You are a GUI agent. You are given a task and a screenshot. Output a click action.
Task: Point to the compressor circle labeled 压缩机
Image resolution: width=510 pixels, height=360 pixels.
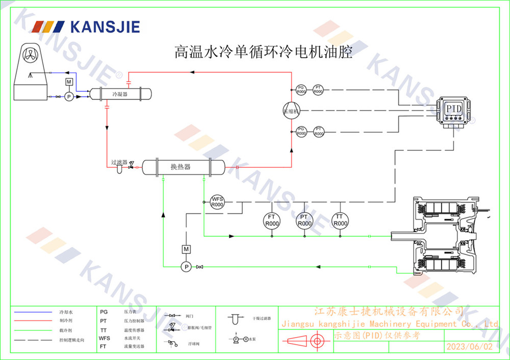tap(292, 111)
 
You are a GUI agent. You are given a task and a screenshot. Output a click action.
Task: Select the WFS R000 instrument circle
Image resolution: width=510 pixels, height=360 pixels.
tap(218, 201)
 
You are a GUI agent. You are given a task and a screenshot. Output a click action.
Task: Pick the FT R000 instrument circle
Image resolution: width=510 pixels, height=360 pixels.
tap(272, 220)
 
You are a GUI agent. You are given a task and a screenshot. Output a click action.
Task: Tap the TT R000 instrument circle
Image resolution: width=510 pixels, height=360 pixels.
tap(340, 220)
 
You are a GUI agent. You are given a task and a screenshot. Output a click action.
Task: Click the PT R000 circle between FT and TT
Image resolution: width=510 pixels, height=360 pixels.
tap(304, 220)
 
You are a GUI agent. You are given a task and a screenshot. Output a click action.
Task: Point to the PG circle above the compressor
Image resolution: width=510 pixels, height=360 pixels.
tap(301, 89)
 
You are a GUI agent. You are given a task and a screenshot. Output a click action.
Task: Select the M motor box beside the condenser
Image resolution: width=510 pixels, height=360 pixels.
tap(69, 82)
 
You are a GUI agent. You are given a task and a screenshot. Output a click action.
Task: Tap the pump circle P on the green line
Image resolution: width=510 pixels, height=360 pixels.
tap(186, 267)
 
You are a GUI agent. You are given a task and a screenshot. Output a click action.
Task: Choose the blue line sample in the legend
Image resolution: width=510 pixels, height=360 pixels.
tap(34, 311)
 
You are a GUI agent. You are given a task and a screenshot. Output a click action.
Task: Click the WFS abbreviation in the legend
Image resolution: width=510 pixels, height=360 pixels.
tap(104, 338)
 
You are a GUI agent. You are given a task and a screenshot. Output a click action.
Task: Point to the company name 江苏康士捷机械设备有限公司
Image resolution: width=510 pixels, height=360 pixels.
tap(388, 311)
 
